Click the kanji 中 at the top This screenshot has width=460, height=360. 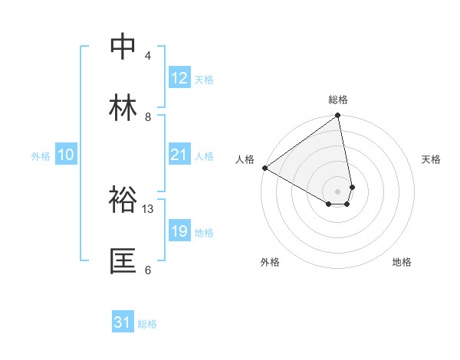point(124,47)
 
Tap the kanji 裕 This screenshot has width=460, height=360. point(124,200)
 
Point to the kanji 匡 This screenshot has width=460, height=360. point(124,261)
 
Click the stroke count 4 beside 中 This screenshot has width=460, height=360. point(148,55)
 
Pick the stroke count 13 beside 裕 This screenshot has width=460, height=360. point(148,208)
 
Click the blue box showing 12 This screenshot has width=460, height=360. point(179,78)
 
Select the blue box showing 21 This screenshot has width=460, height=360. point(179,155)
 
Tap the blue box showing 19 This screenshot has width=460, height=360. point(179,231)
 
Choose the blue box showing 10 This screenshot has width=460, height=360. point(66,155)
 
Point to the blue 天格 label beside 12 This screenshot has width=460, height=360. point(203,79)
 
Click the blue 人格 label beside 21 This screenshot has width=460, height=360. point(203,155)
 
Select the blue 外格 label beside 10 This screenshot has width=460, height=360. point(41,155)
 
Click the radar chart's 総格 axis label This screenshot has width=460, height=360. point(338,100)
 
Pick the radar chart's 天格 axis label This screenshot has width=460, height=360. point(432,159)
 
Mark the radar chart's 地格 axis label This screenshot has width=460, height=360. point(402,262)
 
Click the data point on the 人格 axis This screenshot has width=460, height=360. point(264,168)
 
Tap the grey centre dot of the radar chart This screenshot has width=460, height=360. point(338,191)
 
